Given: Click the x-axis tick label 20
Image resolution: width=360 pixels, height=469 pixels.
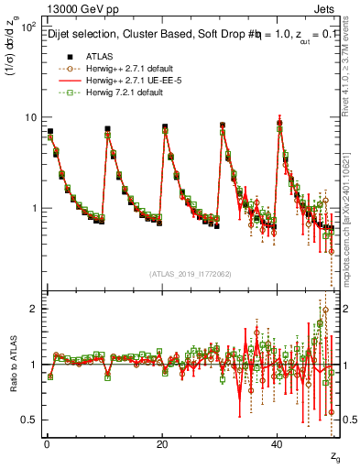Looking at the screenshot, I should point(162,443).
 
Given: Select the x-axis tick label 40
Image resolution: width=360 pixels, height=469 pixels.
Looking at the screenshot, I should point(278,443).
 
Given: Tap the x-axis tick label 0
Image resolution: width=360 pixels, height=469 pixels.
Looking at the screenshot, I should point(46,443).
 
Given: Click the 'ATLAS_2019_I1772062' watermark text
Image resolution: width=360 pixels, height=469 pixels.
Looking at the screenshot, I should point(191,274).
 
